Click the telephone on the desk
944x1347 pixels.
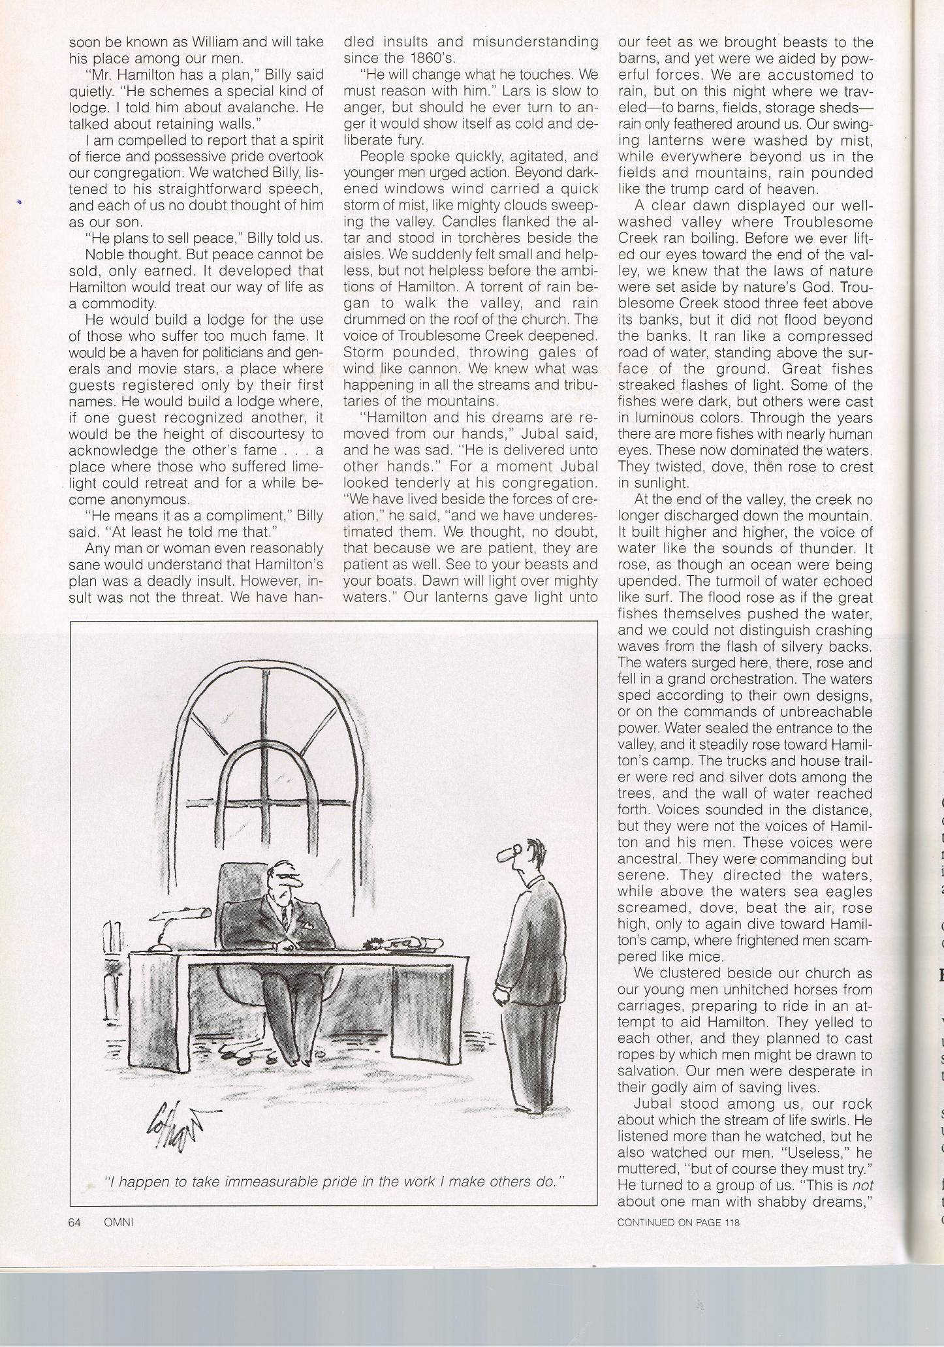pos(403,943)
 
